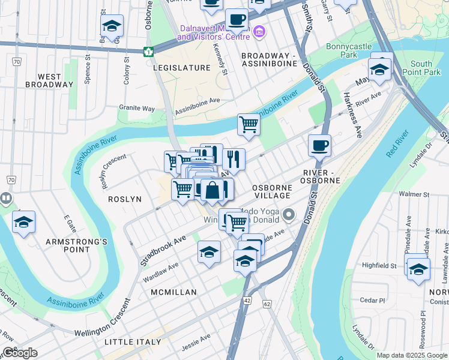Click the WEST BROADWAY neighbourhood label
(x=49, y=80)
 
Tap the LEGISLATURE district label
(x=181, y=68)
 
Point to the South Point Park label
(x=429, y=68)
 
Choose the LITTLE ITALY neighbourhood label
(x=133, y=342)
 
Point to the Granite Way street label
(x=137, y=109)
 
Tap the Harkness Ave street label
(x=352, y=115)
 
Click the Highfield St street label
(x=379, y=265)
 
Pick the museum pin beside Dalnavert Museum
(x=259, y=31)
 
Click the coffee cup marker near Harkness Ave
(x=319, y=145)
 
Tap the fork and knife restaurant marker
(x=234, y=159)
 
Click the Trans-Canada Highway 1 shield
(x=148, y=52)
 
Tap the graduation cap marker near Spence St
(x=112, y=26)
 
